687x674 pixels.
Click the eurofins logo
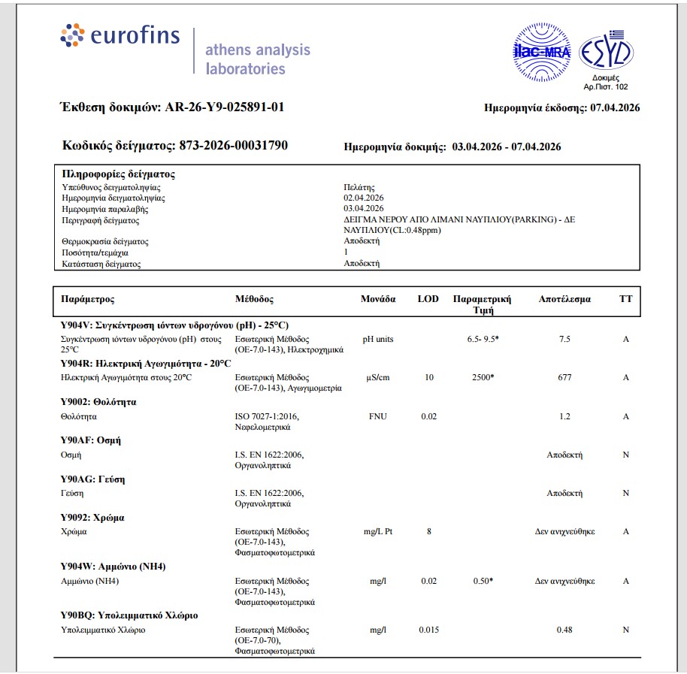[120, 36]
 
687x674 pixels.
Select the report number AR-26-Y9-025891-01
[224, 107]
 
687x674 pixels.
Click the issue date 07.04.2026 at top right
[615, 108]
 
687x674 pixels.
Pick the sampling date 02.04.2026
[364, 198]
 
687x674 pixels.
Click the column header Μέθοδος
[254, 299]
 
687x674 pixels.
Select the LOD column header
[428, 299]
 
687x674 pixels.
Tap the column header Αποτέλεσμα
[564, 299]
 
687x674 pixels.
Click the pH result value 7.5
[564, 340]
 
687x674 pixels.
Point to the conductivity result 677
[564, 377]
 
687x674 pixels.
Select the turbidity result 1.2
[564, 416]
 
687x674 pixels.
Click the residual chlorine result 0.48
[564, 630]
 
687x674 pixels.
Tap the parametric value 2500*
[482, 377]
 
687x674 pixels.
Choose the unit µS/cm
[377, 377]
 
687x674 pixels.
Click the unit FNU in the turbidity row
[377, 416]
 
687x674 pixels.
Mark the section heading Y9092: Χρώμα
[92, 518]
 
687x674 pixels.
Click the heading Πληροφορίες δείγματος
[118, 174]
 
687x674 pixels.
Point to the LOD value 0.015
[428, 630]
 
